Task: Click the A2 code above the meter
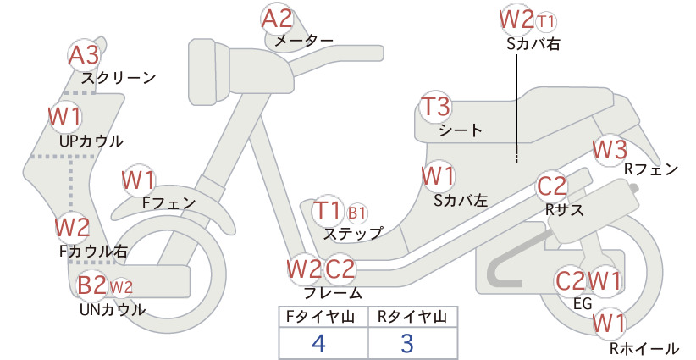277,19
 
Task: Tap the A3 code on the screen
84,56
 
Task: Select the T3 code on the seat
435,107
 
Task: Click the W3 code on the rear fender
610,150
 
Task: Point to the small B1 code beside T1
356,213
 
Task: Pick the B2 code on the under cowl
92,285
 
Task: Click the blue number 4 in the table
318,343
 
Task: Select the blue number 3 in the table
407,343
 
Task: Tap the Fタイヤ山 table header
319,317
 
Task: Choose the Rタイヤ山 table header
412,317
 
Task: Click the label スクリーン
119,78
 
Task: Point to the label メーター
304,41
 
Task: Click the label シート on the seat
461,130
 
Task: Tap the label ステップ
353,234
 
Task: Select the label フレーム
333,293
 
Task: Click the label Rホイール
644,348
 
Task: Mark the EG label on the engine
583,303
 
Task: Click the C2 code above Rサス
552,186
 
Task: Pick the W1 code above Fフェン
139,180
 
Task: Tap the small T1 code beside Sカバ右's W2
545,21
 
